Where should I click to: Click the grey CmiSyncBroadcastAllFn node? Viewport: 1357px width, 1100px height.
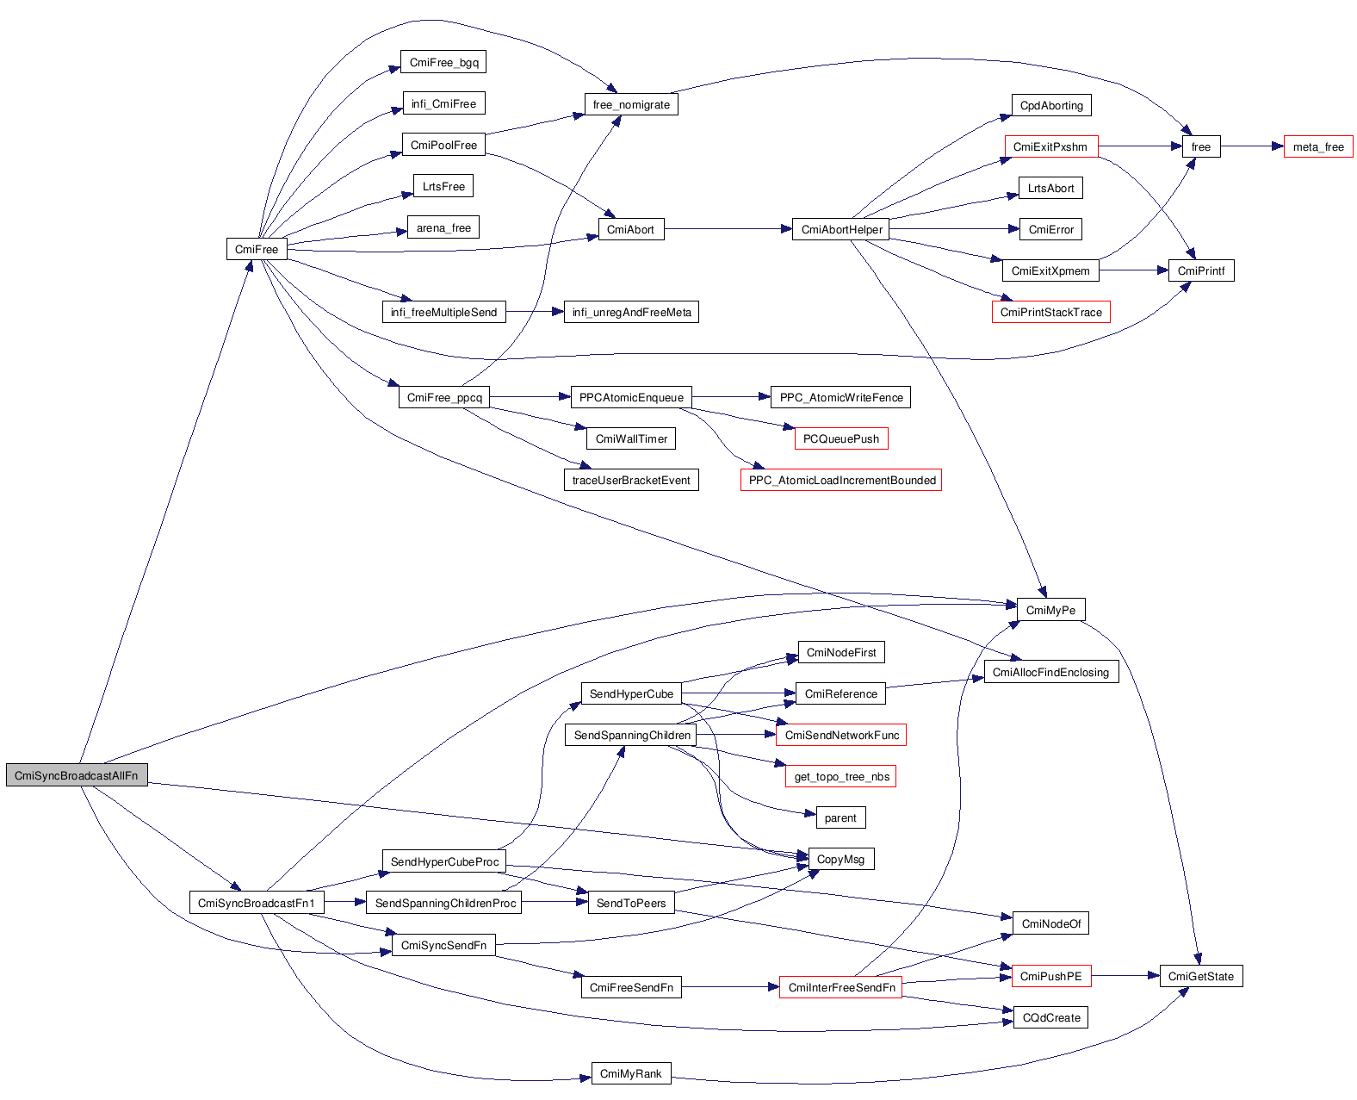[76, 775]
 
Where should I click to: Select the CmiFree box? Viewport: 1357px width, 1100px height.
[257, 249]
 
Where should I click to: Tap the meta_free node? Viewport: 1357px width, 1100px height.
[1317, 146]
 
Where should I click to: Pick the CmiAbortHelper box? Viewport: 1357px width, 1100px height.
[841, 229]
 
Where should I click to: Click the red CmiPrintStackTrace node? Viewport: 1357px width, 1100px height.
[1050, 312]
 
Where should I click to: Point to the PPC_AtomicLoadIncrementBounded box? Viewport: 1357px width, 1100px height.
[841, 480]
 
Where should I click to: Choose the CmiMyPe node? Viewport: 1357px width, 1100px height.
[1050, 610]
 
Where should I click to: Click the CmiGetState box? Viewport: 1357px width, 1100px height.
[1200, 976]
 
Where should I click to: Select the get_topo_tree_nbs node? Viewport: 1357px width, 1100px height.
[841, 776]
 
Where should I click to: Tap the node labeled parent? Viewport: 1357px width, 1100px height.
[840, 817]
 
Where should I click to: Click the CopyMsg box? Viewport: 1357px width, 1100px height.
[840, 859]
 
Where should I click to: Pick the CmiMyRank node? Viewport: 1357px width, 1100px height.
[630, 1073]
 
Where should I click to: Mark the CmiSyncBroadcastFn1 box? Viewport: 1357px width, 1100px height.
[257, 903]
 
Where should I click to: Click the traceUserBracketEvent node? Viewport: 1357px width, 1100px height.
[630, 480]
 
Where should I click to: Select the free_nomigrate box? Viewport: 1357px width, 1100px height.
[631, 104]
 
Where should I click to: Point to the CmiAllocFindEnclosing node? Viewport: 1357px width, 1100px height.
[1050, 672]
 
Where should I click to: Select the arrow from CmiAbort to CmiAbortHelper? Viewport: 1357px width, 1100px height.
[728, 229]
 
